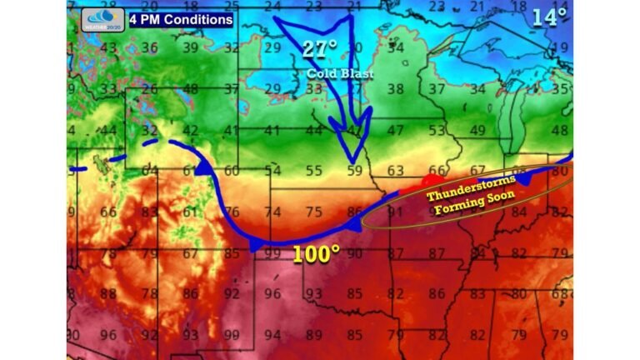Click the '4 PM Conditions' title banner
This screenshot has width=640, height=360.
(x=181, y=18)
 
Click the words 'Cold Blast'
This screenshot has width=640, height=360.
(x=339, y=73)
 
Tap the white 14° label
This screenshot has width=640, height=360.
(x=550, y=15)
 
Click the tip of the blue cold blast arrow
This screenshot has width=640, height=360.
(x=354, y=162)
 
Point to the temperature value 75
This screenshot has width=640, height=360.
(x=314, y=212)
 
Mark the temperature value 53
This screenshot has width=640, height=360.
(x=437, y=131)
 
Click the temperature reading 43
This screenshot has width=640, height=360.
(x=108, y=48)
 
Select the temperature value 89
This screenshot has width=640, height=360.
(x=314, y=335)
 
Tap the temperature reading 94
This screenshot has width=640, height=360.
(x=272, y=335)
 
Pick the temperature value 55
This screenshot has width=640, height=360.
(x=313, y=172)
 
